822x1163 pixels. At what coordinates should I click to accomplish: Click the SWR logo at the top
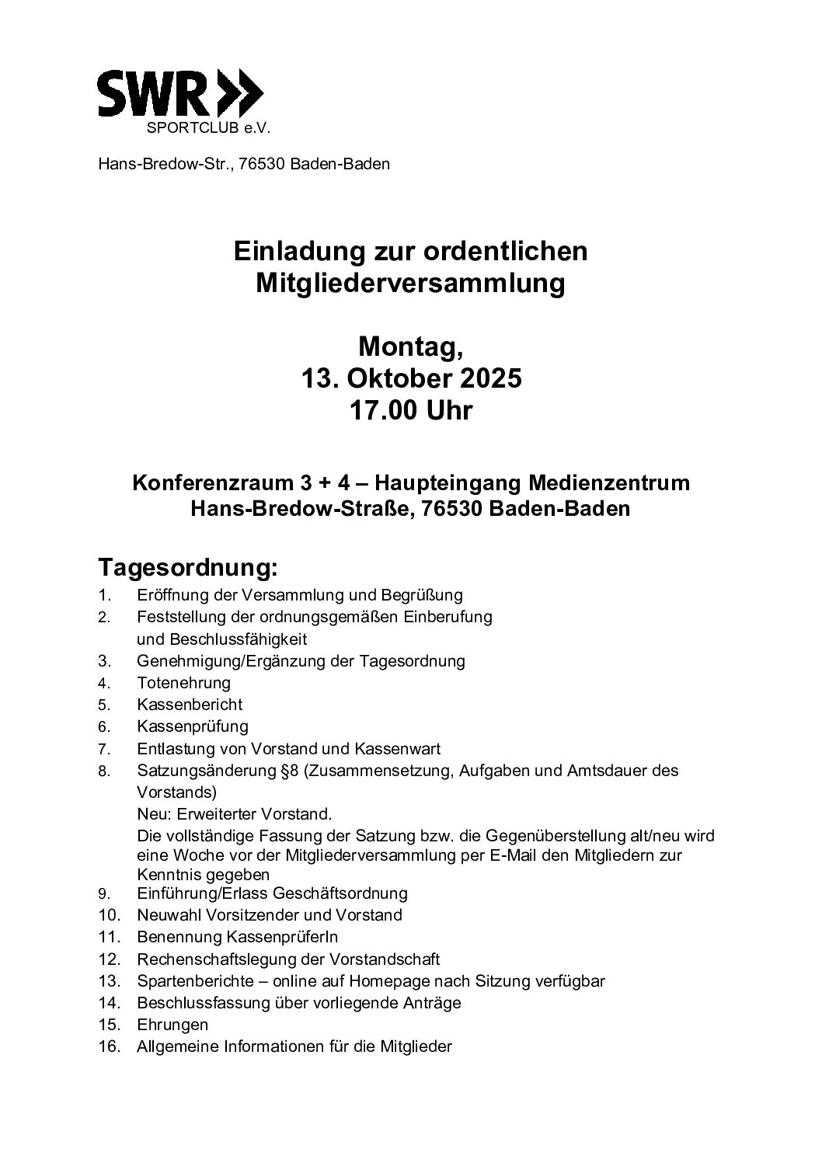click(179, 94)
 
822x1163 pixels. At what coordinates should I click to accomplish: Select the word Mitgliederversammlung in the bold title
click(410, 284)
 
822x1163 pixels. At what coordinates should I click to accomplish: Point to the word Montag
click(410, 346)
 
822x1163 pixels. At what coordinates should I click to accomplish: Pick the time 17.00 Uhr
click(410, 410)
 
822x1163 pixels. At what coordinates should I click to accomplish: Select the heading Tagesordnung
click(187, 568)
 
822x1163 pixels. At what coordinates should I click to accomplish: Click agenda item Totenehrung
click(183, 683)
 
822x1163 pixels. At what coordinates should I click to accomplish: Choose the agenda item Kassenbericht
click(190, 705)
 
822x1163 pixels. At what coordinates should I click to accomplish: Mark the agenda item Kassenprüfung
click(193, 726)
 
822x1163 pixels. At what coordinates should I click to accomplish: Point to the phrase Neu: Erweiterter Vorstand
click(235, 815)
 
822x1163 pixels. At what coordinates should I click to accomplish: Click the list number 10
click(110, 915)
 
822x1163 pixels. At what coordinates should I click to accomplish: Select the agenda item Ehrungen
click(172, 1025)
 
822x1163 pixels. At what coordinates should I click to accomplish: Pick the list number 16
click(110, 1046)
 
